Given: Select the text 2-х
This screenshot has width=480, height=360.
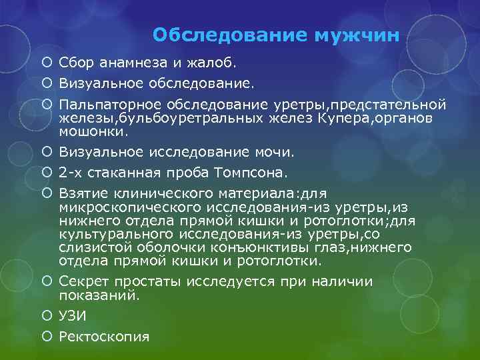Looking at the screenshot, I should pos(71,173).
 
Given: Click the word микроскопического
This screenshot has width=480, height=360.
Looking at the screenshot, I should pos(117,207).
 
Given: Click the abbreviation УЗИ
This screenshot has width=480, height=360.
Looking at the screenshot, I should pos(73,317).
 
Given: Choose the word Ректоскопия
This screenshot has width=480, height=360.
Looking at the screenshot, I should pos(104,337).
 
